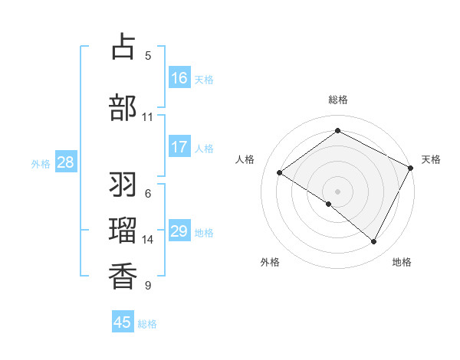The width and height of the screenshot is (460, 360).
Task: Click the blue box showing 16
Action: (x=179, y=78)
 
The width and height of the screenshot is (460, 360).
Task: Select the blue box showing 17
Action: (x=179, y=147)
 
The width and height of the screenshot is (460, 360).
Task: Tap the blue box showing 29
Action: (x=179, y=231)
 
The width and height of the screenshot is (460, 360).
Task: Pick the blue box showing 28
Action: (x=65, y=162)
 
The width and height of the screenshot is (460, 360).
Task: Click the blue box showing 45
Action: (x=123, y=322)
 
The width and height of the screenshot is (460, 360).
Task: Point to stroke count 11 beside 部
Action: (x=147, y=116)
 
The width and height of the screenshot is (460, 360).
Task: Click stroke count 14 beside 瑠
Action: (x=147, y=240)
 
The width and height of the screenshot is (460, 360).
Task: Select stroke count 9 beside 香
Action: (x=147, y=286)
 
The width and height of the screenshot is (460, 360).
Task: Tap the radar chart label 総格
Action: (x=338, y=100)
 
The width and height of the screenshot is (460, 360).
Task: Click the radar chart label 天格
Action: (x=431, y=159)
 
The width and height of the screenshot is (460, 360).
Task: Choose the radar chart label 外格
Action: (x=270, y=262)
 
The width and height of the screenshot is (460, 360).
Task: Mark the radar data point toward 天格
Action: (x=411, y=168)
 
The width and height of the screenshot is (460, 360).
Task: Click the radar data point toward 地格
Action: (x=374, y=242)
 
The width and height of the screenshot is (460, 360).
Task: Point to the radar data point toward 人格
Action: (x=280, y=173)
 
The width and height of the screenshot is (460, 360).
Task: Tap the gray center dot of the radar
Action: (x=337, y=191)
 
